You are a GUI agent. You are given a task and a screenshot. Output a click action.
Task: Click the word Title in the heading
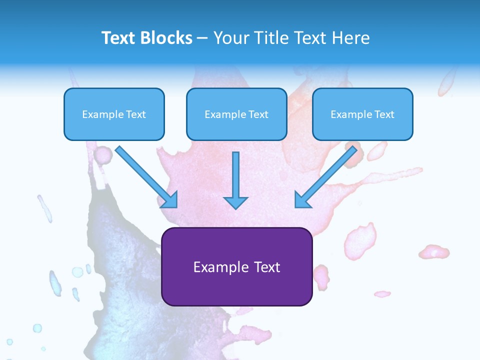(270, 38)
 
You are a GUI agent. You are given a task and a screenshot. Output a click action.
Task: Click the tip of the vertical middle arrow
(235, 207)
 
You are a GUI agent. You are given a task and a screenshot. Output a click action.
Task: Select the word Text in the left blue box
(136, 114)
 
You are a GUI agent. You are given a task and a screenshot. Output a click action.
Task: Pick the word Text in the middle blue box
(258, 114)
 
